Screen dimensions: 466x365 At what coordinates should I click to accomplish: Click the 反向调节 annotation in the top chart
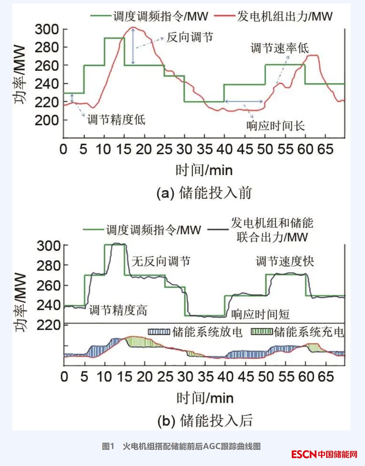click(x=190, y=37)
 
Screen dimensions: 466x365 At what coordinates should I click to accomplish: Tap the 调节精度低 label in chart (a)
click(x=116, y=120)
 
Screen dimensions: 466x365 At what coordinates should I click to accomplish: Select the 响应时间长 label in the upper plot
click(x=275, y=126)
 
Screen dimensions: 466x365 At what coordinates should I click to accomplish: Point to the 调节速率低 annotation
click(x=280, y=48)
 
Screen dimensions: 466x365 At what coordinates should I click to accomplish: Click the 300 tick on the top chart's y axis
click(x=47, y=29)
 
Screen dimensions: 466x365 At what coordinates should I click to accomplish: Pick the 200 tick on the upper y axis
click(x=47, y=120)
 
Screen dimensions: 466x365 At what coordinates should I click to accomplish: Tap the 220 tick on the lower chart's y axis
click(x=49, y=325)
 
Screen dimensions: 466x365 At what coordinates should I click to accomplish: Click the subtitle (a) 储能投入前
click(x=204, y=193)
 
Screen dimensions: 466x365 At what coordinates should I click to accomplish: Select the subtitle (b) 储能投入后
click(x=205, y=420)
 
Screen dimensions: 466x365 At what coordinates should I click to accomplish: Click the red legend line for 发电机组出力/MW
click(x=224, y=16)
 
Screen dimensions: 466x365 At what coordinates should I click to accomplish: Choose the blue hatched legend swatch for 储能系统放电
click(x=159, y=332)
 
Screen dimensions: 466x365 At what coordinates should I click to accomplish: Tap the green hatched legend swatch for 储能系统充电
click(x=262, y=332)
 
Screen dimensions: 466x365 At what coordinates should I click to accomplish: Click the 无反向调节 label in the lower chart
click(x=161, y=261)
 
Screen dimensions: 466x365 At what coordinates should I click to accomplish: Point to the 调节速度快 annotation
click(x=285, y=261)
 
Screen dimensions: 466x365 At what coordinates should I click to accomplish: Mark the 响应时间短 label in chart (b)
click(x=260, y=314)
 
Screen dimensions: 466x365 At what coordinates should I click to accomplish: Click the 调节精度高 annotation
click(x=118, y=310)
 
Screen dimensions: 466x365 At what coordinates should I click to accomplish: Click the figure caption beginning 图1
click(x=181, y=446)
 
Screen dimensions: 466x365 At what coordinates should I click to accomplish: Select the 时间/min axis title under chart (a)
click(x=204, y=170)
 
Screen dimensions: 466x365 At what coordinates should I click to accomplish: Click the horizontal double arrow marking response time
click(x=244, y=101)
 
